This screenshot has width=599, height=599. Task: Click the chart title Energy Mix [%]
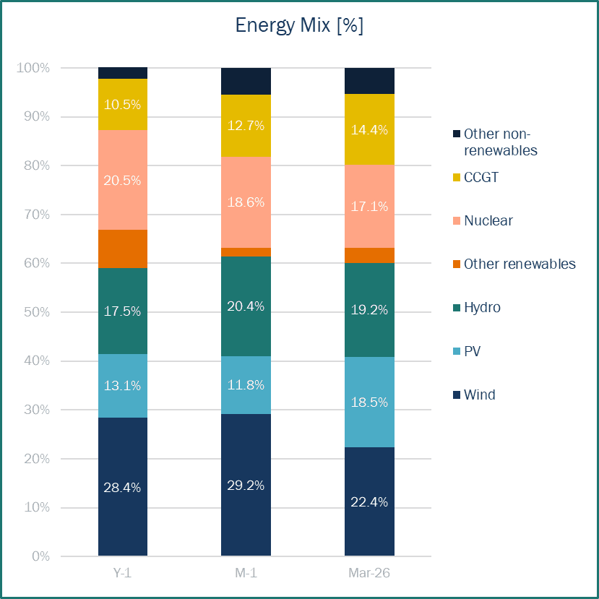(x=299, y=26)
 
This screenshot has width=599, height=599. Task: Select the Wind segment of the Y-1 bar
(x=123, y=486)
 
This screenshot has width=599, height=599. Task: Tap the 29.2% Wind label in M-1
(x=246, y=485)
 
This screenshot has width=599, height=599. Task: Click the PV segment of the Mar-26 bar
(x=369, y=402)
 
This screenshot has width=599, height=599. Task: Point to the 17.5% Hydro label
(x=123, y=311)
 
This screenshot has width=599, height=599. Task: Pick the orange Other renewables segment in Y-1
(x=123, y=249)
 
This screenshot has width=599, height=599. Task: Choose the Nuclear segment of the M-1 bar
(x=246, y=202)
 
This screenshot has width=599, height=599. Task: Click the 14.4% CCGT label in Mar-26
(x=369, y=130)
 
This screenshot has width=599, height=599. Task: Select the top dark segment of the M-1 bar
(x=246, y=81)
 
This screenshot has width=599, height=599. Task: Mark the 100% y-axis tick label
(x=33, y=68)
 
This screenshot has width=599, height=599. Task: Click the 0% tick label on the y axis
(x=40, y=556)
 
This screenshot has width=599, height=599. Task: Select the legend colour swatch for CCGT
(x=456, y=177)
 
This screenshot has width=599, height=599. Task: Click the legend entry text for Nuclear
(x=488, y=220)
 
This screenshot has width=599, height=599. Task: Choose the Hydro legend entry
(x=482, y=308)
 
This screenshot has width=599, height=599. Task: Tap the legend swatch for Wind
(x=456, y=395)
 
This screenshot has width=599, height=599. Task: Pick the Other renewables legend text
(x=520, y=264)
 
